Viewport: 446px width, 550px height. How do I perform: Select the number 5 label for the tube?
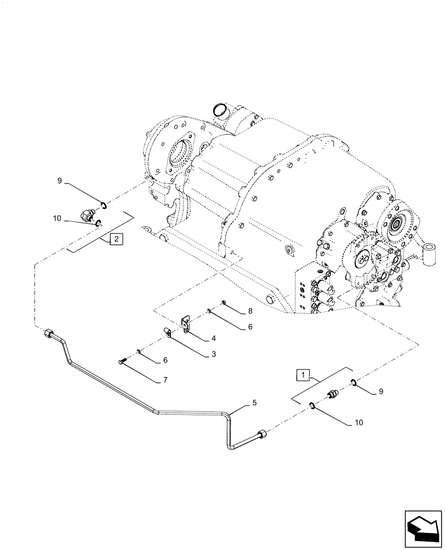coord(254,403)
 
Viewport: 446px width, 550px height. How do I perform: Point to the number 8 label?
coord(249,311)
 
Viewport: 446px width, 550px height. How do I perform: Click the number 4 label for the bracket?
coord(213,338)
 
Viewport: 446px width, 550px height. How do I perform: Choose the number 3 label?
coord(213,355)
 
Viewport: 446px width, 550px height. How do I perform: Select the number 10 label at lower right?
coord(359,424)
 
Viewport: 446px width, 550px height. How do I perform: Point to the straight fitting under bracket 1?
coord(332,395)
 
